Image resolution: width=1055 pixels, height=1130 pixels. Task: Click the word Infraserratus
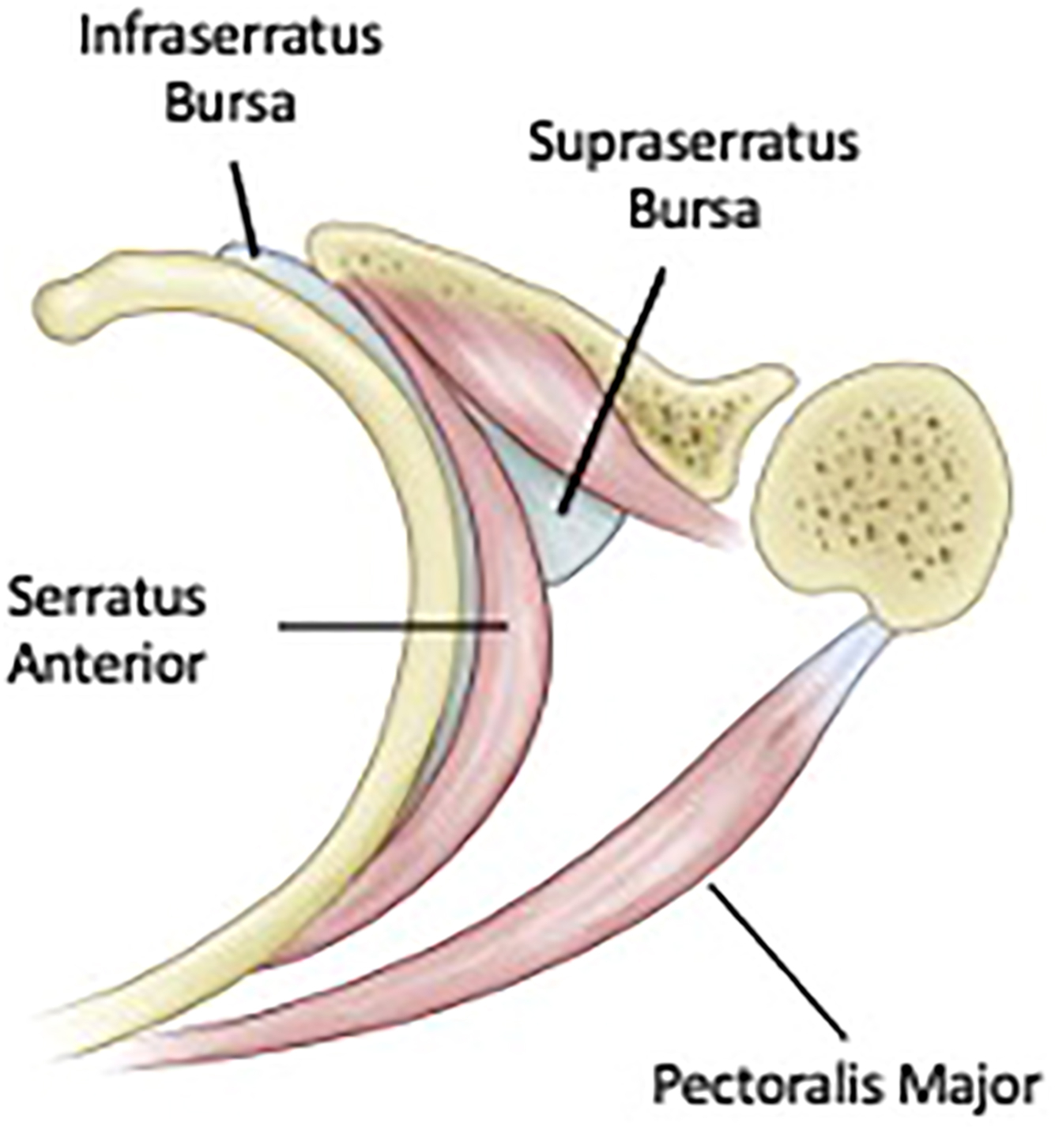click(x=231, y=40)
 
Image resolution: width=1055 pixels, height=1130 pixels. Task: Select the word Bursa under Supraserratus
click(x=694, y=209)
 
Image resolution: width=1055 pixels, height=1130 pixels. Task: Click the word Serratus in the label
click(x=106, y=599)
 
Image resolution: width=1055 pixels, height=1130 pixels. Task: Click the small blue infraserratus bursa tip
click(x=237, y=251)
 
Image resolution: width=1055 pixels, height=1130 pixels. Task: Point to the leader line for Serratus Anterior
click(x=391, y=627)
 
